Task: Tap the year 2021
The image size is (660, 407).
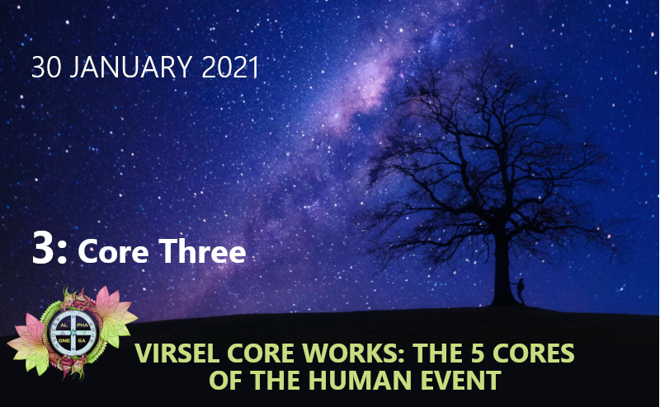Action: [x=230, y=68]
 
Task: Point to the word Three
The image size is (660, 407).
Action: [x=202, y=251]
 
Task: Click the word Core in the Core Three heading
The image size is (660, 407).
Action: [x=113, y=252]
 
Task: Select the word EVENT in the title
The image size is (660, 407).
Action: [x=461, y=380]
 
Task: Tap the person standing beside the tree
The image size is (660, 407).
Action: [x=521, y=291]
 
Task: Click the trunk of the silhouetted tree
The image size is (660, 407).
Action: [x=502, y=274]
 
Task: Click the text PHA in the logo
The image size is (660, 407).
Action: [x=82, y=325]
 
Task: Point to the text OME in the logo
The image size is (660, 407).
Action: [x=64, y=340]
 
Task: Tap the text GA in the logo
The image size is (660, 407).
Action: [x=81, y=340]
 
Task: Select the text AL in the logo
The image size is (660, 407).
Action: [x=64, y=325]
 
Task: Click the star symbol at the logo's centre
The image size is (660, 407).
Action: [x=73, y=333]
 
